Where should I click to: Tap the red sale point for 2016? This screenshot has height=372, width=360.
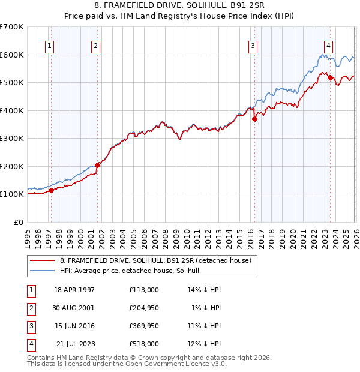point(254,119)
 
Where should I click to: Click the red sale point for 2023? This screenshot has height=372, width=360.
point(330,77)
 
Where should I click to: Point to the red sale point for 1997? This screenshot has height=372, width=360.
point(51,190)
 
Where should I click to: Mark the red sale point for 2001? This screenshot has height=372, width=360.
point(98,165)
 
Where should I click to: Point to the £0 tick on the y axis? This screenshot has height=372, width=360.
point(19,222)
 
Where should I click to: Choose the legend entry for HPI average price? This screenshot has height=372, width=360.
point(133,271)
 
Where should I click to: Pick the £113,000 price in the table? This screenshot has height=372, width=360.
point(143,290)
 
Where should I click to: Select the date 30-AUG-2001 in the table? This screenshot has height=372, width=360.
point(74,308)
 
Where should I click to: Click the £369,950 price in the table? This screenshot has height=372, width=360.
point(143,326)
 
